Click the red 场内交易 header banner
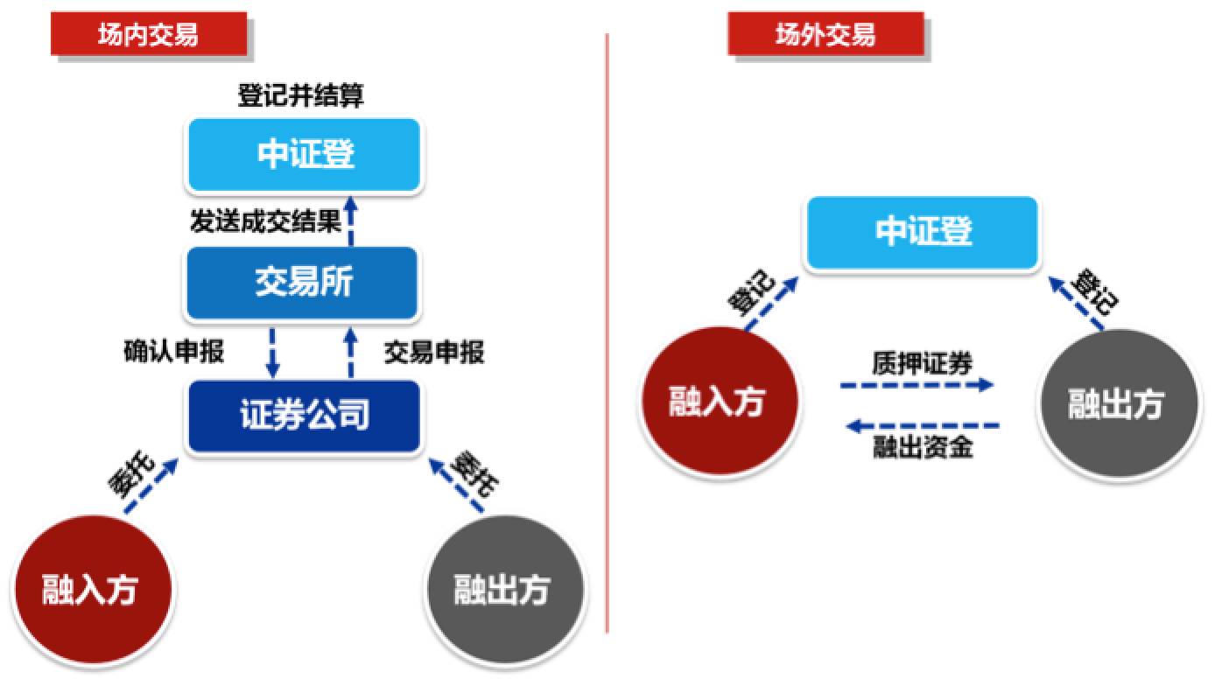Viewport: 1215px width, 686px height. click(x=149, y=33)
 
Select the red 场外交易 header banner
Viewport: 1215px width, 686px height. click(x=825, y=33)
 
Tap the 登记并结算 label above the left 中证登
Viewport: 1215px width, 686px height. click(x=300, y=95)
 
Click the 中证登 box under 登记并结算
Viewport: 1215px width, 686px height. click(x=305, y=155)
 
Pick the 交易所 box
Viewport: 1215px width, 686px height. click(x=303, y=283)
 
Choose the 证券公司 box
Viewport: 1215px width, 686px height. click(x=305, y=416)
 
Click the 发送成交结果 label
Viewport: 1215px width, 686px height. click(x=265, y=221)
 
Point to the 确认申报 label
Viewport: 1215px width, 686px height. click(x=174, y=351)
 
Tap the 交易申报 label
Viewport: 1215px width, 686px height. click(x=434, y=353)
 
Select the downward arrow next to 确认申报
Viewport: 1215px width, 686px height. click(x=272, y=353)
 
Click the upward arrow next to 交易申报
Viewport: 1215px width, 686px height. click(x=351, y=353)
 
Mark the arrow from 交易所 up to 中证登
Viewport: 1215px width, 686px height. click(x=351, y=220)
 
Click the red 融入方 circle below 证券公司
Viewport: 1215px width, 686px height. click(x=93, y=590)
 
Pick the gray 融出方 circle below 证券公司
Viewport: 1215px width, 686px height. click(x=505, y=590)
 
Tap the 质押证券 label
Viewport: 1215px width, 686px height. click(x=922, y=363)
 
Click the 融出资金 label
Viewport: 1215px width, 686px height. click(x=923, y=447)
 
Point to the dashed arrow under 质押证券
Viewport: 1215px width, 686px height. click(x=917, y=385)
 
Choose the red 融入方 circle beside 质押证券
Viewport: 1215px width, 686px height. click(x=720, y=402)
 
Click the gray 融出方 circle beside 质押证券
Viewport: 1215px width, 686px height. click(x=1119, y=404)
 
